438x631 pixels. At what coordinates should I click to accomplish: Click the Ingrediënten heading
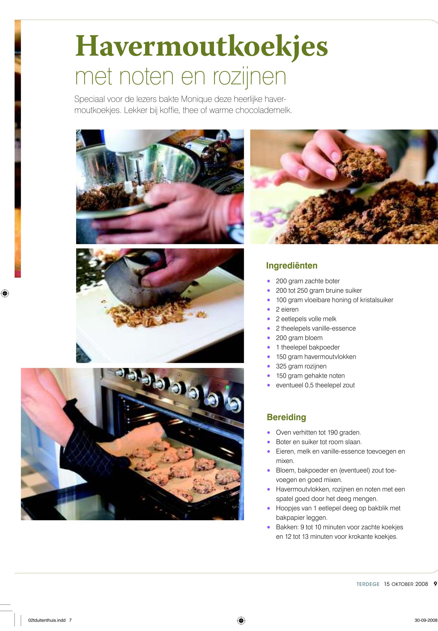(x=292, y=265)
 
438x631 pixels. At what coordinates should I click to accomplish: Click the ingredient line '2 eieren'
(x=287, y=310)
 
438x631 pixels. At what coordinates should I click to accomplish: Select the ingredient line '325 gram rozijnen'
(x=301, y=366)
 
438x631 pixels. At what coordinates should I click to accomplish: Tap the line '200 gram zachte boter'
(x=308, y=281)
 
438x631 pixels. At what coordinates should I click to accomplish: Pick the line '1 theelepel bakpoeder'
(x=308, y=348)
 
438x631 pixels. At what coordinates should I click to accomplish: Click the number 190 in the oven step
(x=332, y=433)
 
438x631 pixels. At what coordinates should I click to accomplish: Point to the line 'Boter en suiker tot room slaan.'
(x=319, y=442)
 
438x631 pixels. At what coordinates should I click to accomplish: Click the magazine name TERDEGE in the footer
(x=368, y=584)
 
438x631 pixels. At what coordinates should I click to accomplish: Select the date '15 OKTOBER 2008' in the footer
(x=406, y=584)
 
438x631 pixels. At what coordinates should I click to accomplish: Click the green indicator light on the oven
(x=227, y=387)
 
